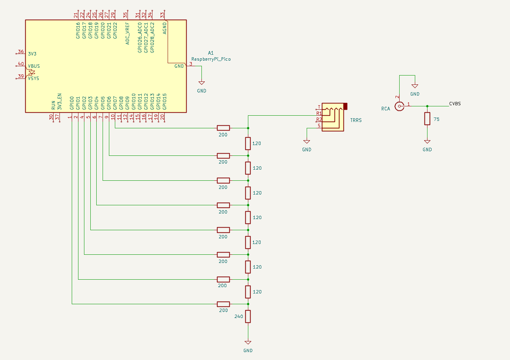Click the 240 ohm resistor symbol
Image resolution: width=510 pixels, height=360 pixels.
[x=248, y=316]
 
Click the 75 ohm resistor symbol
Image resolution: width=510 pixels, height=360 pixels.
[x=427, y=119]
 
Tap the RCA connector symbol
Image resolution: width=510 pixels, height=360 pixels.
[x=399, y=106]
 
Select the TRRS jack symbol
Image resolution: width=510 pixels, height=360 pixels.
[x=333, y=117]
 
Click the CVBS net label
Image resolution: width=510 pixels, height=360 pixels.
[x=455, y=104]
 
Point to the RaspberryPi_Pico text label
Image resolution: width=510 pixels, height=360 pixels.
[x=211, y=59]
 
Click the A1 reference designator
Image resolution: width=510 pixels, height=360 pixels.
[x=211, y=53]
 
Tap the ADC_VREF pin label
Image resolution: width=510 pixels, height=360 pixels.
[x=127, y=33]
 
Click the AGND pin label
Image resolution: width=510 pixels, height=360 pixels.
[x=165, y=28]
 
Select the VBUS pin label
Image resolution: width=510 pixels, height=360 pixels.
[x=34, y=66]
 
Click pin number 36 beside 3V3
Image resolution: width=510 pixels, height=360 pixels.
[x=21, y=52]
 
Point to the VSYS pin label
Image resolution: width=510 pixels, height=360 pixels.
[x=33, y=78]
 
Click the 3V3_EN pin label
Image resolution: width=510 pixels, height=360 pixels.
[x=59, y=101]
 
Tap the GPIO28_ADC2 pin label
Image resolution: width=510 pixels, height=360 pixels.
[x=152, y=37]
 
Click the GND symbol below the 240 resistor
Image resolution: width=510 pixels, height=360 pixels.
[x=248, y=343]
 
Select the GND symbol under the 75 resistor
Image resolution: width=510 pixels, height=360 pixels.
[x=427, y=142]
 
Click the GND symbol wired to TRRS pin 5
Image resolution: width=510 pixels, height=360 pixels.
[x=307, y=142]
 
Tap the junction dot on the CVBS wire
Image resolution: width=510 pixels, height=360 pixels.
[x=427, y=106]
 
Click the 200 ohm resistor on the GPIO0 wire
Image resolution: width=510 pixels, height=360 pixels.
[x=223, y=304]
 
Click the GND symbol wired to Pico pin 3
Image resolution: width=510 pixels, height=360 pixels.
[x=201, y=83]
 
